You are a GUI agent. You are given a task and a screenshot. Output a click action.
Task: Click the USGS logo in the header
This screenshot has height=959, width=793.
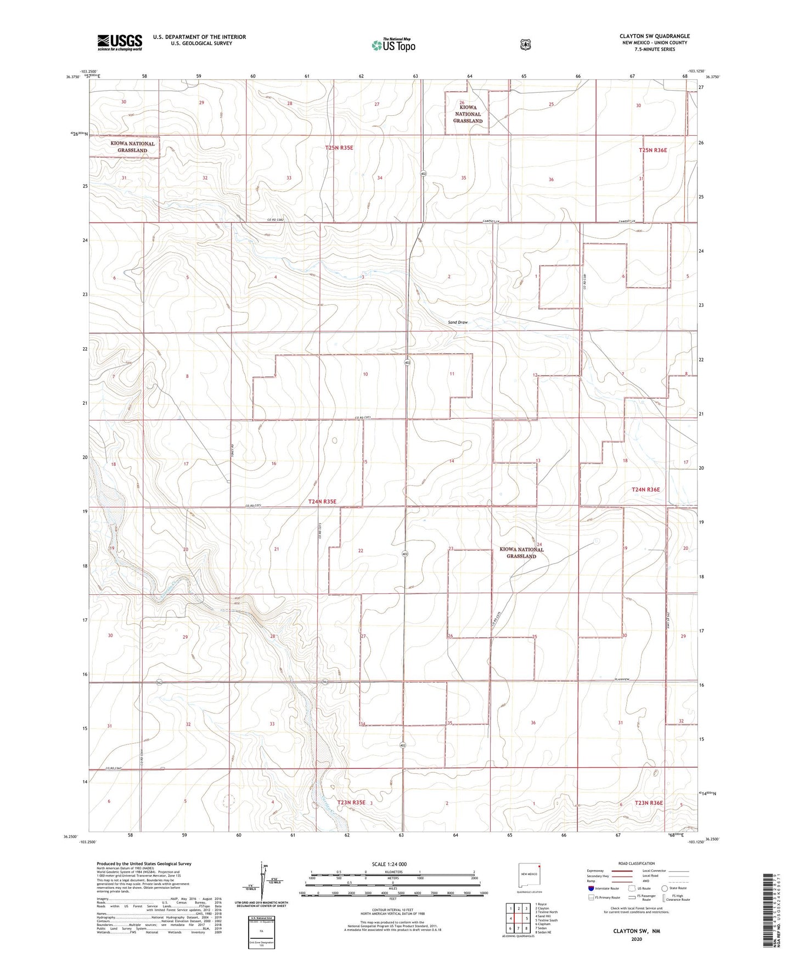point(120,42)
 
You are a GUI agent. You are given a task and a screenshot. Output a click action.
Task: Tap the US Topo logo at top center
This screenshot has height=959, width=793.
point(393,45)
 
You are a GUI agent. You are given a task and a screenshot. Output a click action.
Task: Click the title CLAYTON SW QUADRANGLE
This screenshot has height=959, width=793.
point(654,36)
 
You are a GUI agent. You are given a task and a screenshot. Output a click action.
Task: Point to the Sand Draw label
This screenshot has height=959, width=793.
point(457,322)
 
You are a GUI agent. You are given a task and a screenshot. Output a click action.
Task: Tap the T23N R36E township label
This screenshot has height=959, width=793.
point(649,802)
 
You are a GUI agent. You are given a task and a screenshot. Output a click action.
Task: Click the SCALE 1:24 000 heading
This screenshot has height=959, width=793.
point(389,864)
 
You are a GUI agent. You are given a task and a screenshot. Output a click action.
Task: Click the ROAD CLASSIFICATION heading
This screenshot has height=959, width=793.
point(636,863)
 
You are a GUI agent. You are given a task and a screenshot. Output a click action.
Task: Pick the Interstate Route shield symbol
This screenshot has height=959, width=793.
point(590,888)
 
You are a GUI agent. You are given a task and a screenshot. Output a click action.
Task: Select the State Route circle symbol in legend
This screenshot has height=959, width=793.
point(664,888)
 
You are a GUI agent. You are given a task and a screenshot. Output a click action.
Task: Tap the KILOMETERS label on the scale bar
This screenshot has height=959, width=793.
point(392,872)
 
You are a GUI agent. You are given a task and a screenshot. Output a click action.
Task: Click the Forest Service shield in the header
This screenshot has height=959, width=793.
point(525,44)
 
